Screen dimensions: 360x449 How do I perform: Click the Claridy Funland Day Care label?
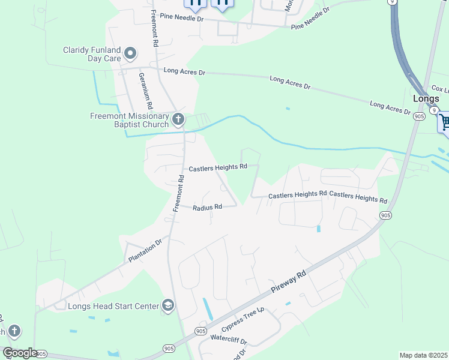tap(92, 55)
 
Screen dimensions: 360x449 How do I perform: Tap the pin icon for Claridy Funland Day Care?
tap(130, 55)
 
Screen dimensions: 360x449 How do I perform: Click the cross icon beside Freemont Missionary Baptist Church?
tap(178, 120)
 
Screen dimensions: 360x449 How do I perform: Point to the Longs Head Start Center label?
tap(113, 306)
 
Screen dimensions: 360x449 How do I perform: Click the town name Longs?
tap(426, 98)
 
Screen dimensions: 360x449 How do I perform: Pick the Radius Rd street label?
tap(208, 207)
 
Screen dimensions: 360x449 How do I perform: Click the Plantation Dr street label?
tap(146, 250)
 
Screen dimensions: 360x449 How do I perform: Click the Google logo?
tap(20, 352)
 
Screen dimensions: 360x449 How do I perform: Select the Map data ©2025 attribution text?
tap(423, 355)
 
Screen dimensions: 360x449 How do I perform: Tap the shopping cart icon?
tap(444, 122)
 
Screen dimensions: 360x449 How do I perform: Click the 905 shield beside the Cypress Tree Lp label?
tap(201, 331)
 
